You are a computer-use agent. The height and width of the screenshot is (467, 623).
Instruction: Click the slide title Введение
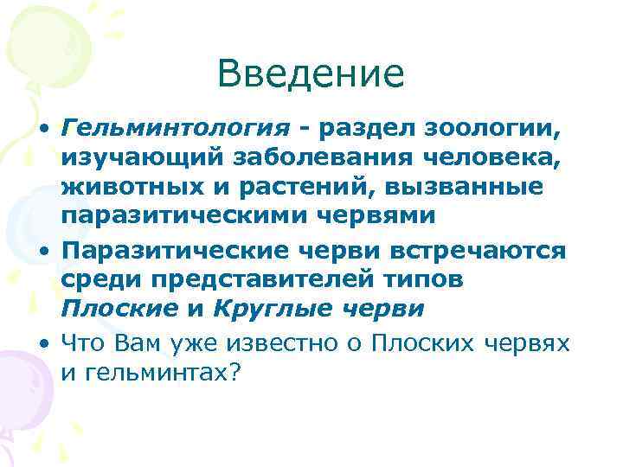311,74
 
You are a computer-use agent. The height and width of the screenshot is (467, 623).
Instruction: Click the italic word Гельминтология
176,129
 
